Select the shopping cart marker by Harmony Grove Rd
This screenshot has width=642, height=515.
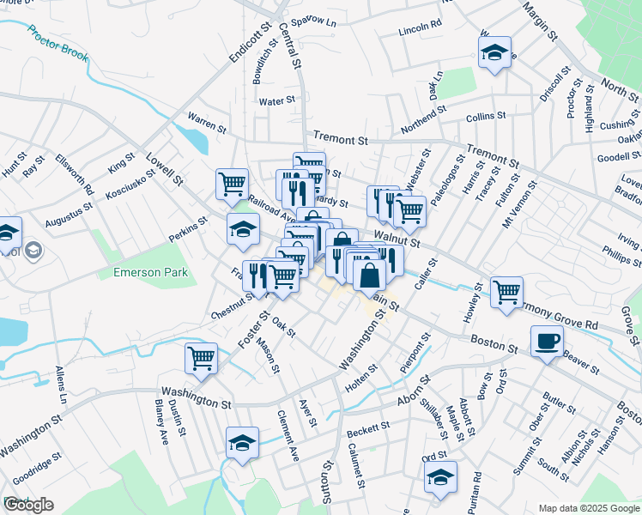[506, 292]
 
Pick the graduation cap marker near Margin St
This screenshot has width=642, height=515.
[494, 53]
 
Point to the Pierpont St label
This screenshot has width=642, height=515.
[414, 355]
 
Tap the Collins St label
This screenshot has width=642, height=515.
[486, 117]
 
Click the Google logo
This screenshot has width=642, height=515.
[27, 505]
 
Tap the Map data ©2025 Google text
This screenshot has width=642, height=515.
[588, 507]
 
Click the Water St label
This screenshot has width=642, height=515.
[277, 100]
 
